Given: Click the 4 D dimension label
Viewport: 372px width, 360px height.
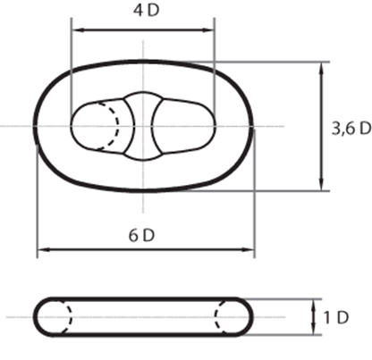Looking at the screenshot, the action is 146,11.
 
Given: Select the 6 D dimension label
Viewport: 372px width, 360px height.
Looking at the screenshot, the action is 141,236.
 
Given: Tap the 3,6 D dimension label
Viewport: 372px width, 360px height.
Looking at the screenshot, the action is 351,129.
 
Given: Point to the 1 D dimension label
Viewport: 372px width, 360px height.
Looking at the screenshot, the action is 336,318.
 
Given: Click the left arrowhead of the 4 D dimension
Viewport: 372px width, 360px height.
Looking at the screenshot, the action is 77,29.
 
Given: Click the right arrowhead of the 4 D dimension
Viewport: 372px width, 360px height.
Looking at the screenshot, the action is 208,29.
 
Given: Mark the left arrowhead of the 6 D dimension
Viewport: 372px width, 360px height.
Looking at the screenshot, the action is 43,249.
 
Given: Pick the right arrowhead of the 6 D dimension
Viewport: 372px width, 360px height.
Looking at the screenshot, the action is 248,249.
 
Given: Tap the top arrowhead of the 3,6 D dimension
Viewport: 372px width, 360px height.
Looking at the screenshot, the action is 321,68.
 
